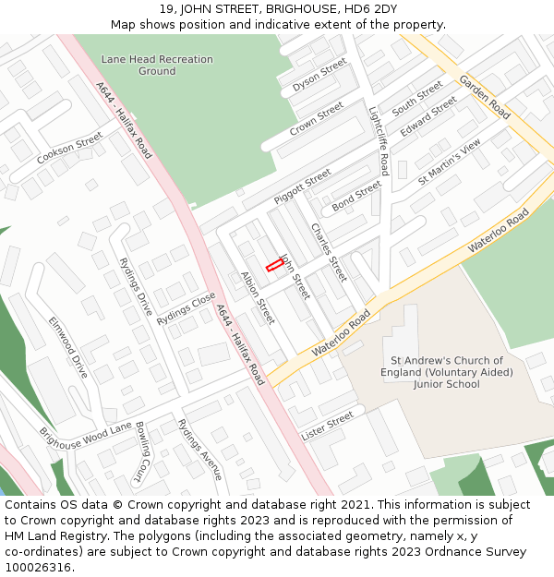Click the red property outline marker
coord(274,266)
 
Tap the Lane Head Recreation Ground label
coord(157,65)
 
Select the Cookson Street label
coord(70,149)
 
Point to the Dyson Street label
coord(319,75)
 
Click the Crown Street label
coord(316,120)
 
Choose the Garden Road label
coord(485,97)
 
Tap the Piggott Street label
coord(302,186)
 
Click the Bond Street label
coord(356,195)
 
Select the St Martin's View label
coord(450,162)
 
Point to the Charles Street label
coord(329,252)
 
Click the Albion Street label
coord(258,297)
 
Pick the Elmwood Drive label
coord(68,347)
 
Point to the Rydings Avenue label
coord(199,449)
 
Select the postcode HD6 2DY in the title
coord(377,9)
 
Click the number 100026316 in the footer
coord(37,567)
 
